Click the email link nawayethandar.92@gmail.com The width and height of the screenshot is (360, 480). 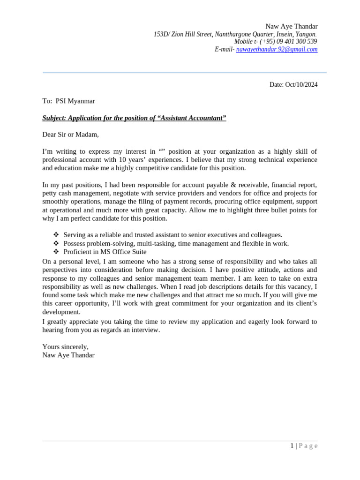(x=277, y=49)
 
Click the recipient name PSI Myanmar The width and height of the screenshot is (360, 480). (x=75, y=101)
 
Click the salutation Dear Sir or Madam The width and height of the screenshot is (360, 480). (x=70, y=135)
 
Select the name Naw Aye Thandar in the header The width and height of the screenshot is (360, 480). (x=291, y=26)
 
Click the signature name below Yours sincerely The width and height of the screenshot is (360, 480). (x=68, y=355)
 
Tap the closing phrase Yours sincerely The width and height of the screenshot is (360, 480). (x=65, y=347)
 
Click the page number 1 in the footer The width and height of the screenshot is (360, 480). (x=292, y=446)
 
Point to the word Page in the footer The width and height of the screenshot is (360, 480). (x=308, y=446)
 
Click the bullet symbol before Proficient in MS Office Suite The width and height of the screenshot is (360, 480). (x=56, y=252)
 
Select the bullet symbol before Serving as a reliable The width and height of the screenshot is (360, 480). (x=56, y=235)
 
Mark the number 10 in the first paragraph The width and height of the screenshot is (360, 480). (x=123, y=160)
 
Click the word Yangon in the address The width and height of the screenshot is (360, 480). (x=305, y=34)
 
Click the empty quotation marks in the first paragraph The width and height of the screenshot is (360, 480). (x=162, y=151)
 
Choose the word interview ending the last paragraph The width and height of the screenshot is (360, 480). (x=145, y=330)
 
